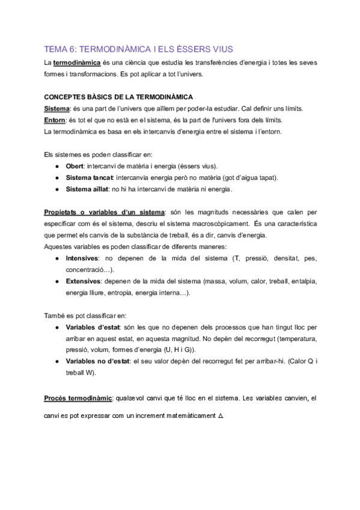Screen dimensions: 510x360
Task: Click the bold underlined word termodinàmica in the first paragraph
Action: pyautogui.click(x=73, y=63)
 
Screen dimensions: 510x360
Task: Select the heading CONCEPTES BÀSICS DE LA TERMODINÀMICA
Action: pyautogui.click(x=118, y=97)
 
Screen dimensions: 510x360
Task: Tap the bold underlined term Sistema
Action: pyautogui.click(x=57, y=109)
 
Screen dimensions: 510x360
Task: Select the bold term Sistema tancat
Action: pyautogui.click(x=89, y=178)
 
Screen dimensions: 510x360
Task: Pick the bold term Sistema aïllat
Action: pyautogui.click(x=87, y=189)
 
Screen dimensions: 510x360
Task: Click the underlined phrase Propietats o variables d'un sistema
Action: pyautogui.click(x=104, y=212)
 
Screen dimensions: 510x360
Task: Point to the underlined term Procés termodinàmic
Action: pyautogui.click(x=78, y=398)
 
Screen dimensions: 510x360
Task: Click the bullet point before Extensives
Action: pyautogui.click(x=56, y=281)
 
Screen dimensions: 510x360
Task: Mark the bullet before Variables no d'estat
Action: pyautogui.click(x=56, y=361)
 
